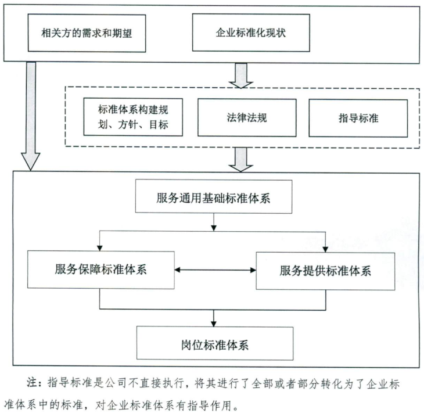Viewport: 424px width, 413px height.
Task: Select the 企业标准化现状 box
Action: [x=250, y=33]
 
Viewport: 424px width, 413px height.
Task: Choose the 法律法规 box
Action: [x=247, y=117]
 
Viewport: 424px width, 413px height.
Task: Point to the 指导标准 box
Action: [x=358, y=117]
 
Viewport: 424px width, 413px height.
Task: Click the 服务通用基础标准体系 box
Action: [x=214, y=196]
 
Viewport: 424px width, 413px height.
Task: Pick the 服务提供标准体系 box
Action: [x=329, y=270]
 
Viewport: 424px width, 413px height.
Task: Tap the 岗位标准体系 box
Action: [x=214, y=343]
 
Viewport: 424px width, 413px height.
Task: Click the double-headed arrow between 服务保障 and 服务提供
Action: [x=215, y=270]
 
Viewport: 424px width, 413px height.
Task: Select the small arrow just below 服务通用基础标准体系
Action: [x=214, y=224]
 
